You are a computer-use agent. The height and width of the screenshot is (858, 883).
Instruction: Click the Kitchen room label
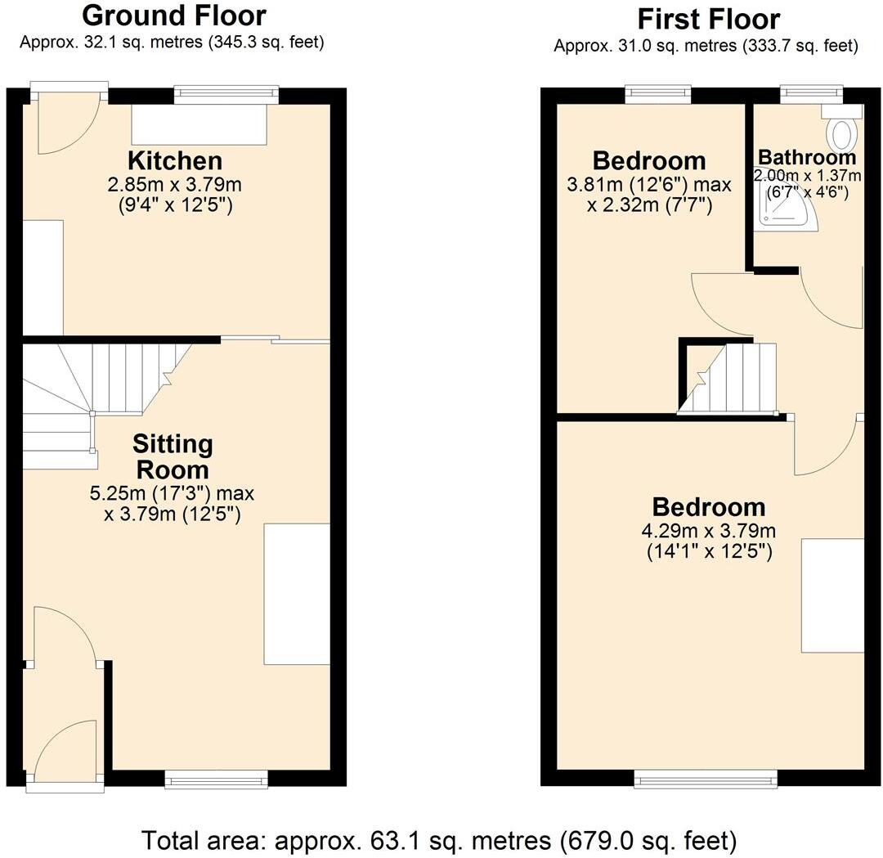[174, 160]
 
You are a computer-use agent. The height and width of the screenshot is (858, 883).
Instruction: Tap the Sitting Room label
[173, 457]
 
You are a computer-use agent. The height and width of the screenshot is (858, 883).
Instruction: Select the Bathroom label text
[807, 157]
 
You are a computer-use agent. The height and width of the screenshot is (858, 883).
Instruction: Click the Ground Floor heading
[174, 15]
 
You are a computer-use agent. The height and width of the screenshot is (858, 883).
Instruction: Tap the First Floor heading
[708, 18]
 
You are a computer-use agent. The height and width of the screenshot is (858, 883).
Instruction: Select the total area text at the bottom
[441, 839]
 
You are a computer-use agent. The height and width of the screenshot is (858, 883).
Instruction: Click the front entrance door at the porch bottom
[65, 752]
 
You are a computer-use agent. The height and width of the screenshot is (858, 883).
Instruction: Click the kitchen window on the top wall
[226, 95]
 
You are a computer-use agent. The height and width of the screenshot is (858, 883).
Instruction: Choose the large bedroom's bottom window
[706, 780]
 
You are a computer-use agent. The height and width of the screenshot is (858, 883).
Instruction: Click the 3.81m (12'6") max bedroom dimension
[649, 184]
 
